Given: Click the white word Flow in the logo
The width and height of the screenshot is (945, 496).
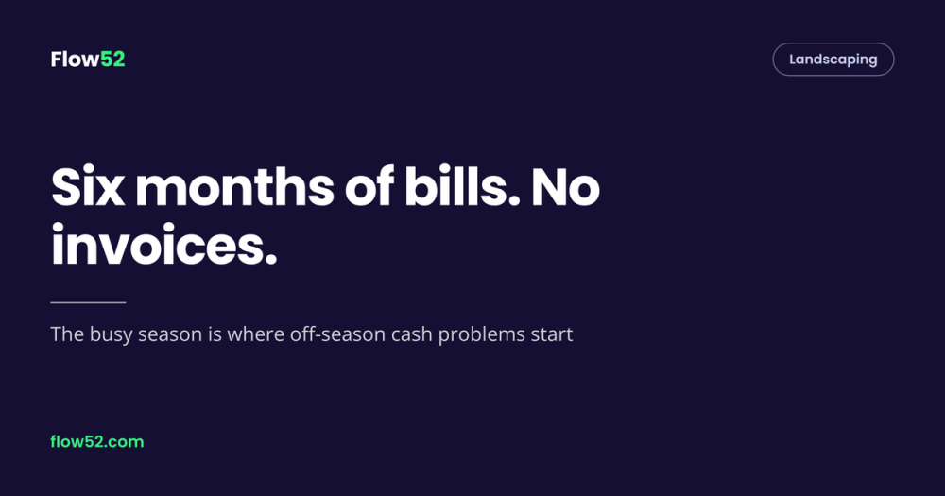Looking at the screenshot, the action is tap(75, 60).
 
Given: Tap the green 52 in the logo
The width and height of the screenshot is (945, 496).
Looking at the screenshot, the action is tap(112, 60).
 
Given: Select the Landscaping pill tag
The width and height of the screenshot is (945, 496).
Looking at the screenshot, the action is tap(833, 60).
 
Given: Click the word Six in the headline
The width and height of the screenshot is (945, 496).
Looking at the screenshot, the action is tap(87, 187).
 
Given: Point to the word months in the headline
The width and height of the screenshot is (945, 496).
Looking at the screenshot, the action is tap(234, 187).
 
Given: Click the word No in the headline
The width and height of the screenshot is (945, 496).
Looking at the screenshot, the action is tap(565, 187).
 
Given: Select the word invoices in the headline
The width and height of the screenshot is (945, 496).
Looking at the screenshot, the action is tap(163, 245).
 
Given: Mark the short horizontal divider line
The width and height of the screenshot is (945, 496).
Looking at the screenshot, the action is tap(88, 302).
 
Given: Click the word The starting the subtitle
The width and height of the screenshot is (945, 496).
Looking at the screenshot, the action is tap(67, 334).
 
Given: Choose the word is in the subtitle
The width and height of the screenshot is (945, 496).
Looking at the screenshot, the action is tap(215, 334).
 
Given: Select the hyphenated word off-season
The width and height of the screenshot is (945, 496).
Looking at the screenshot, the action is tap(337, 334).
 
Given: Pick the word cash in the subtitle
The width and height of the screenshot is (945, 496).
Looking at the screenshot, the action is tap(412, 334).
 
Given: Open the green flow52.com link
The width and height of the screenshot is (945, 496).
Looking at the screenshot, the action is tap(97, 442).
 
